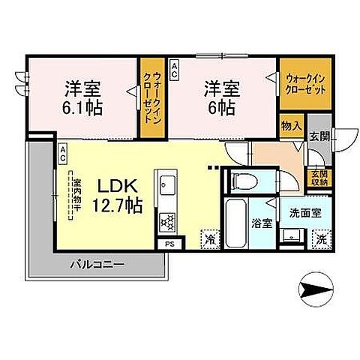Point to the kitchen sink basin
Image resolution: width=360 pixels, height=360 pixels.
coord(166,184)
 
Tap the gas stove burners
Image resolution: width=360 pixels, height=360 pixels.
coord(166,221)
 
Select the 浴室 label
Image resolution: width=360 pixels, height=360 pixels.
coord(262,223)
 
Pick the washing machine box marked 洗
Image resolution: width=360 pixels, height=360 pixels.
coord(320,239)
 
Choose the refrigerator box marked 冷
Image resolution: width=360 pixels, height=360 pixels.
coord(208,240)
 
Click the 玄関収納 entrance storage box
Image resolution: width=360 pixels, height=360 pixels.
coord(319,178)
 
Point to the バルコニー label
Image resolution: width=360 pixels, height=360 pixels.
coord(98,263)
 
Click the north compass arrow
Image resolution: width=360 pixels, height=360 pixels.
coord(316,286)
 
